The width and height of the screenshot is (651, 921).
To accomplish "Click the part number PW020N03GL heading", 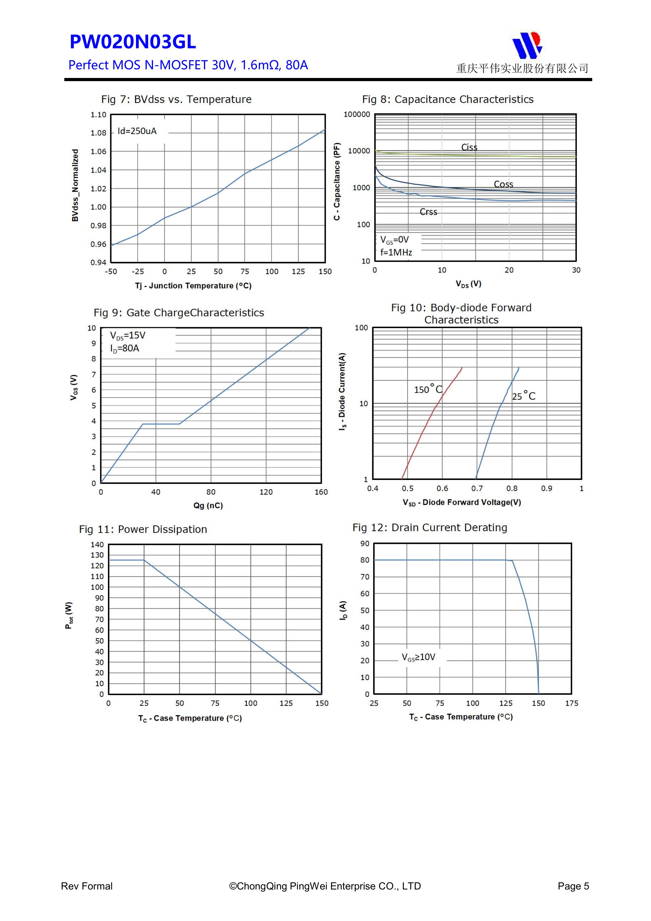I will click(x=133, y=42).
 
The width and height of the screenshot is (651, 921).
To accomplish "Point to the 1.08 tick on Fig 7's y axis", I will click(x=98, y=133).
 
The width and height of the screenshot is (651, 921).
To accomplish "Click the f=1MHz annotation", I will click(x=396, y=252).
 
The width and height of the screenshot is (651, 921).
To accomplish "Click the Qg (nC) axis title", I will click(x=208, y=505).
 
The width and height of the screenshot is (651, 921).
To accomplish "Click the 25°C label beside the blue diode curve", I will click(x=523, y=396).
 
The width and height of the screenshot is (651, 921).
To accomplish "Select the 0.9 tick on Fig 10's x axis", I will click(x=546, y=489).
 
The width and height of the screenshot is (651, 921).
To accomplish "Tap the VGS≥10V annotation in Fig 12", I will click(x=418, y=657).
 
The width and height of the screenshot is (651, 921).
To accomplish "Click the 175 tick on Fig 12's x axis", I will click(x=571, y=703).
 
